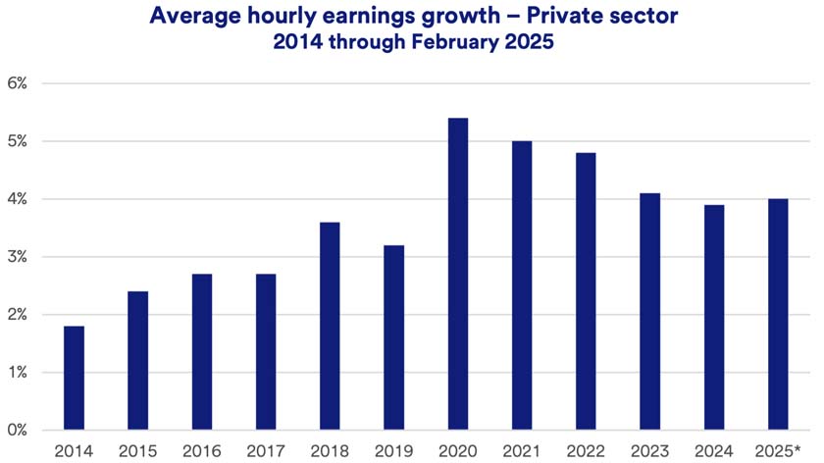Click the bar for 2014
point(74,378)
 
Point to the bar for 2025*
point(779,315)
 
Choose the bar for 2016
point(202,352)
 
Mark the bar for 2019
point(393,337)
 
